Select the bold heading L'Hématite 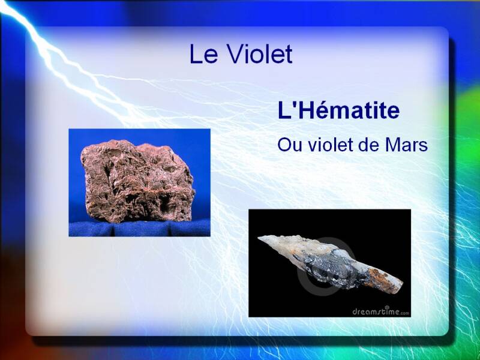[x=338, y=110]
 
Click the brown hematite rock [x=138, y=181]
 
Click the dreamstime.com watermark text [x=380, y=311]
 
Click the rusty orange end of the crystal [x=384, y=280]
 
